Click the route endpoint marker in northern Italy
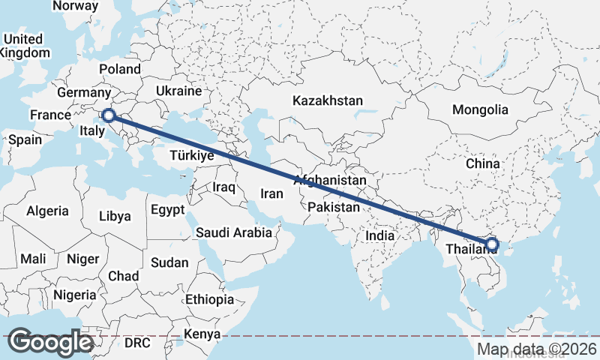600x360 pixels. tap(109, 115)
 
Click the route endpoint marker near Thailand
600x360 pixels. tap(492, 244)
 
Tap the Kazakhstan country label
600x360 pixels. tap(328, 100)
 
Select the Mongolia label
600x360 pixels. tap(480, 109)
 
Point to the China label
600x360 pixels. tap(482, 163)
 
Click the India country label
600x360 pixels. tap(379, 235)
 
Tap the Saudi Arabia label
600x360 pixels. tap(234, 232)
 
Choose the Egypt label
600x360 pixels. tap(167, 210)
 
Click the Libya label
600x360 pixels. tap(115, 216)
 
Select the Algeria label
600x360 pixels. tap(47, 211)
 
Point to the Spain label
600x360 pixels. tap(25, 139)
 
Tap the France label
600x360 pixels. tap(49, 115)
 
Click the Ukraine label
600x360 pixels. tap(178, 91)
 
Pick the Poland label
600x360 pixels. tap(119, 69)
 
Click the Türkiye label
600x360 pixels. tap(192, 156)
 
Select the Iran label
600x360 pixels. tap(271, 193)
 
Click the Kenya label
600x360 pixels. tap(202, 334)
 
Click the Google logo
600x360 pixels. tap(50, 342)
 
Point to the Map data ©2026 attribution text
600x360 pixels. tap(536, 349)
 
